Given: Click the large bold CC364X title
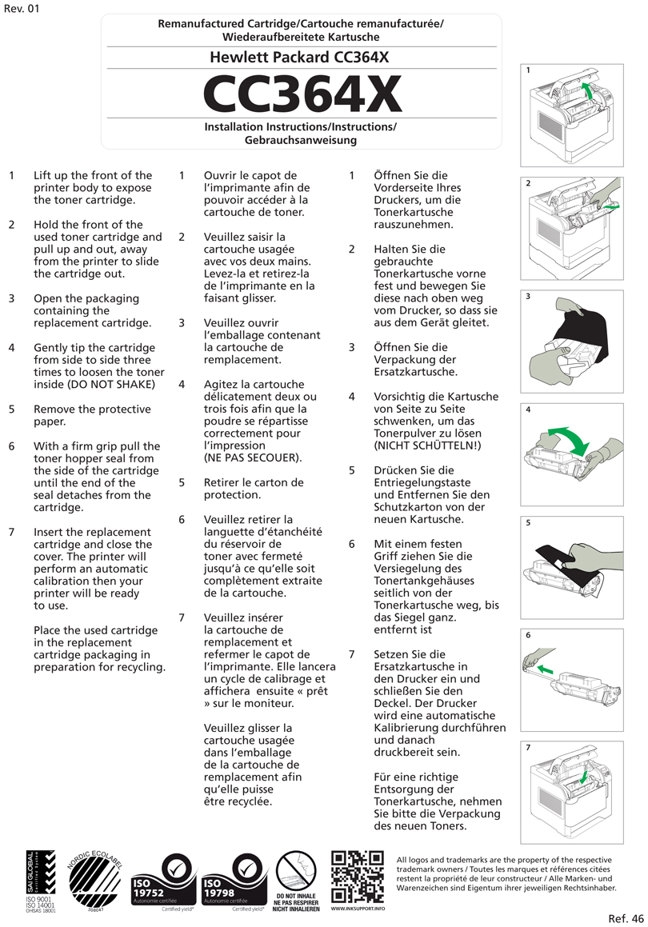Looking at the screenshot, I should coord(301,94).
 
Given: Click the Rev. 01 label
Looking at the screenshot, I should coord(21,9).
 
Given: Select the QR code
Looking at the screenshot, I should coord(357,877).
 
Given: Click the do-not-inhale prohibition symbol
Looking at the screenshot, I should coord(297,871).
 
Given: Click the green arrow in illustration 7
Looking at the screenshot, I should coord(585,775).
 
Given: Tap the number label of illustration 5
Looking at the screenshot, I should coord(529,523).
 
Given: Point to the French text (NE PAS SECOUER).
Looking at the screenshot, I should coord(253,458).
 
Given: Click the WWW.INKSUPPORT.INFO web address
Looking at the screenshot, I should coord(357,909).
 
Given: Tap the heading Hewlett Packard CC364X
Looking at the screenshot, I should coord(301,58).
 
